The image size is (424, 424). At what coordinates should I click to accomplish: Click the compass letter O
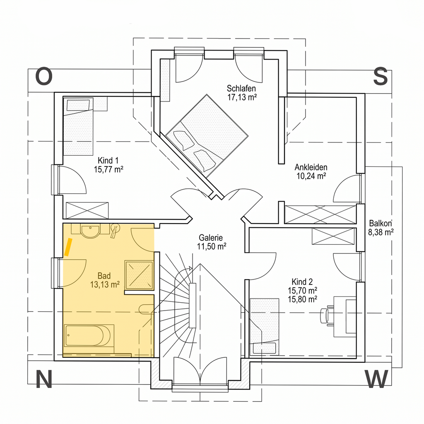click(44, 77)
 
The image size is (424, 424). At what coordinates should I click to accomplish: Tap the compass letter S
click(381, 77)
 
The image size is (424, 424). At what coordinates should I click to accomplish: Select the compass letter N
click(43, 379)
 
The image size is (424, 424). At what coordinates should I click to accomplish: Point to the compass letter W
click(377, 379)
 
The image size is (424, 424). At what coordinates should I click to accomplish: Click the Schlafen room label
click(241, 89)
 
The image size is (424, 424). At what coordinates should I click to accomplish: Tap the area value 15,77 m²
click(108, 169)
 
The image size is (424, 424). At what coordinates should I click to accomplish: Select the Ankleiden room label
click(311, 167)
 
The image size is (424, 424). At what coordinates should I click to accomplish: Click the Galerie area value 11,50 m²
click(212, 247)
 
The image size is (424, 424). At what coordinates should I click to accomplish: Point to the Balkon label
click(381, 223)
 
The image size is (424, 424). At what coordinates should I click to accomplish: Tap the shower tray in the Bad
click(139, 275)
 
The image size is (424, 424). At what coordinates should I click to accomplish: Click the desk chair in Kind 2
click(327, 315)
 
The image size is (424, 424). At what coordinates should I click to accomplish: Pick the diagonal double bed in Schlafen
click(207, 136)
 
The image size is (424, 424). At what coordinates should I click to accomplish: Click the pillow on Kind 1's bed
click(78, 105)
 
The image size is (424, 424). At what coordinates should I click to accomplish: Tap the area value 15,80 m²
click(302, 299)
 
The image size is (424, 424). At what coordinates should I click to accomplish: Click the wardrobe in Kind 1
click(87, 210)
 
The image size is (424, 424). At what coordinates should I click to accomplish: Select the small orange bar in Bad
click(68, 247)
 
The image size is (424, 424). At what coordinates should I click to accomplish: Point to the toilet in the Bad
click(146, 309)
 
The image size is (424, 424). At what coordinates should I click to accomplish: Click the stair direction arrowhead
click(190, 268)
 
